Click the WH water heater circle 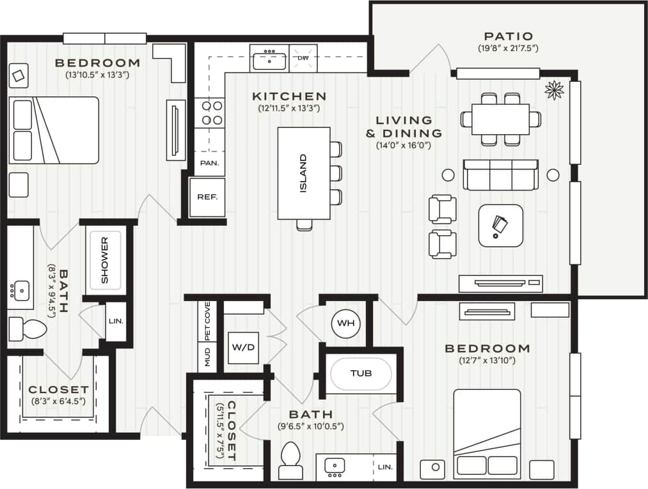(345, 323)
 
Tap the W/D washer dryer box (242, 348)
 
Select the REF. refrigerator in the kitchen (207, 197)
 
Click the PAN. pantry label (209, 163)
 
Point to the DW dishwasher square (303, 58)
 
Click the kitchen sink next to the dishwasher (270, 60)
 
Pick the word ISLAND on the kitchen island (303, 173)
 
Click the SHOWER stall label (104, 260)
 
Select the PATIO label (509, 36)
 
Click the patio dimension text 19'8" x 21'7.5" (509, 49)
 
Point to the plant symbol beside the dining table (554, 90)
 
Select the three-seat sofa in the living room (500, 175)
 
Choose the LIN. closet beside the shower (116, 322)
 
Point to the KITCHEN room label (289, 97)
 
